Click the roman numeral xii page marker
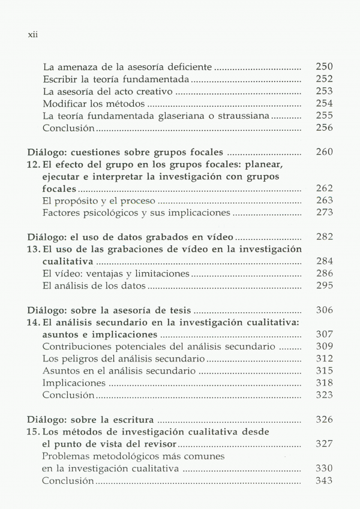(x=32, y=34)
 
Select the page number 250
(x=324, y=67)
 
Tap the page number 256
(x=324, y=128)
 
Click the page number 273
(x=324, y=212)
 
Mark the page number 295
(x=324, y=286)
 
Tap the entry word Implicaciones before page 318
(x=74, y=384)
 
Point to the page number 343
(x=324, y=481)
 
